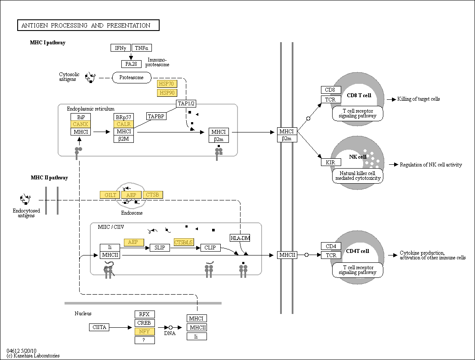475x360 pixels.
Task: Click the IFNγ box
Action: (120, 48)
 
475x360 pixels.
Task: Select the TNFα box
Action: (142, 48)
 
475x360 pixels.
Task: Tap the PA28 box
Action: (131, 64)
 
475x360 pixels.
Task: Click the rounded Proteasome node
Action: (132, 77)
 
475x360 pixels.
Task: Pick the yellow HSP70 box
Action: (167, 84)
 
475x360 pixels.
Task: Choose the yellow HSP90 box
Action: (167, 93)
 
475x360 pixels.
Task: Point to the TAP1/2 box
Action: (186, 104)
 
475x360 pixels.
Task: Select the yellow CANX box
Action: (80, 124)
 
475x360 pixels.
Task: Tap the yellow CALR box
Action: (123, 124)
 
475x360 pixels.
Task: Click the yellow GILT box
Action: (110, 195)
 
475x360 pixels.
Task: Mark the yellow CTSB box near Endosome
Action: (152, 195)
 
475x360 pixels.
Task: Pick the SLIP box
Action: (160, 248)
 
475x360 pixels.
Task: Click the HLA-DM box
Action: (240, 238)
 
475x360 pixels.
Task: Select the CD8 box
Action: (330, 90)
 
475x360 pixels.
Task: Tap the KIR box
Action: (330, 162)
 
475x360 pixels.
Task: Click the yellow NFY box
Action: (145, 332)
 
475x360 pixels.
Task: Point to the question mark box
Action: (145, 340)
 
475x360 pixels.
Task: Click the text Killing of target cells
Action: (418, 99)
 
